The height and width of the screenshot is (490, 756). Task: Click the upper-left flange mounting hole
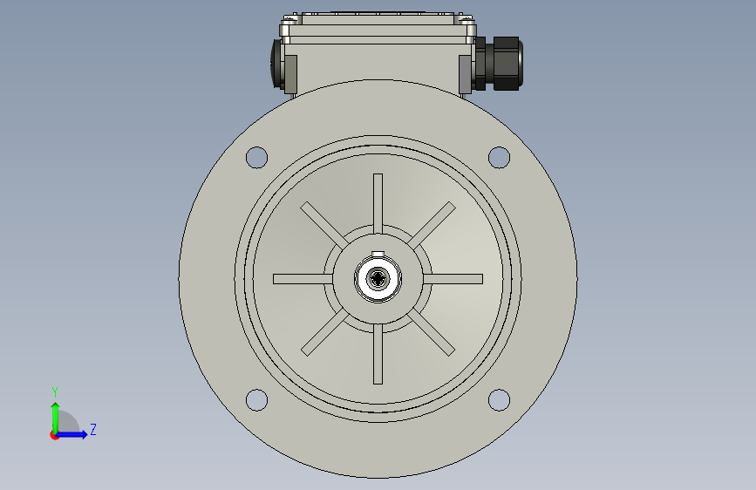pyautogui.click(x=256, y=157)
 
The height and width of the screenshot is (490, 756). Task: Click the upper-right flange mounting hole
pyautogui.click(x=499, y=157)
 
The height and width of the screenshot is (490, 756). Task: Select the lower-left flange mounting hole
pyautogui.click(x=256, y=400)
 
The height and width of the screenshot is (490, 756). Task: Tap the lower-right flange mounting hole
pyautogui.click(x=499, y=400)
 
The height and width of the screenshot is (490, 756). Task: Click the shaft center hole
pyautogui.click(x=378, y=279)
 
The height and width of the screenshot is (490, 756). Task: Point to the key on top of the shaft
pyautogui.click(x=378, y=254)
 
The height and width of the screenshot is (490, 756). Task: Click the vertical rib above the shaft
pyautogui.click(x=378, y=204)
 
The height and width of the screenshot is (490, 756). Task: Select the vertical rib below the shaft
pyautogui.click(x=378, y=354)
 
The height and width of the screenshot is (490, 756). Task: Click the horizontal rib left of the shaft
pyautogui.click(x=303, y=279)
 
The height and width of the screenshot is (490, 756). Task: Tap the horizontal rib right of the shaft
pyautogui.click(x=453, y=279)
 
